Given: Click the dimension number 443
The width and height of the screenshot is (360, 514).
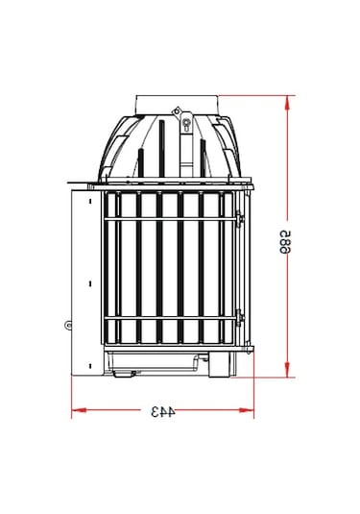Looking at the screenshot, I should coord(162,412).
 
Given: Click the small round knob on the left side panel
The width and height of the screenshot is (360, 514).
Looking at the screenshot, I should coord(68,325).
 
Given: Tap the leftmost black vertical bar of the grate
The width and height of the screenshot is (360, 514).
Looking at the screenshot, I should coord(117,269).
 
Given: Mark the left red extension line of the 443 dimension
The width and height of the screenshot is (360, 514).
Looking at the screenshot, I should coord(72,394).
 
